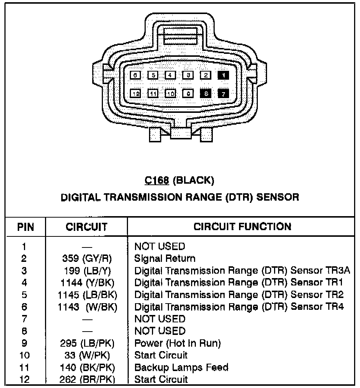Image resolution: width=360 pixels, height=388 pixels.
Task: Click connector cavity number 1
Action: point(223,75)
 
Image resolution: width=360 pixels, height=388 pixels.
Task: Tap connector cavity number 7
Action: point(223,94)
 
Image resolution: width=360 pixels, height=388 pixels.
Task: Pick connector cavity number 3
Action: point(188,75)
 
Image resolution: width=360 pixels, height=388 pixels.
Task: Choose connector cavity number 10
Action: point(170,94)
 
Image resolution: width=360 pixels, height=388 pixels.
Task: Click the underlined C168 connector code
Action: point(157,180)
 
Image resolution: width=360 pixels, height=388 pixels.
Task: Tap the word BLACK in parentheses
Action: point(193,180)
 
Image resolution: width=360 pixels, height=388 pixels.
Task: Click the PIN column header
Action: point(25,227)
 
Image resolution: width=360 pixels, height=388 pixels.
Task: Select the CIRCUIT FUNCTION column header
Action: point(242,226)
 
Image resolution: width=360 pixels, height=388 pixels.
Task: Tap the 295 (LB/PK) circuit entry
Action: point(87,343)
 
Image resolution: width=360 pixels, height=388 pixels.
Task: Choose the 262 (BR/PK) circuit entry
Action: point(87,379)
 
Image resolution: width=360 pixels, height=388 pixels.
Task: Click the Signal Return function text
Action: point(165,259)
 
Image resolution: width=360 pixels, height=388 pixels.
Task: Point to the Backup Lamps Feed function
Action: point(181,367)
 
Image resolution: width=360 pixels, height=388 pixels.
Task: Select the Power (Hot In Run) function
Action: point(177,343)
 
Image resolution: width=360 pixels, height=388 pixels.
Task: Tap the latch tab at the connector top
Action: point(180,36)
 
